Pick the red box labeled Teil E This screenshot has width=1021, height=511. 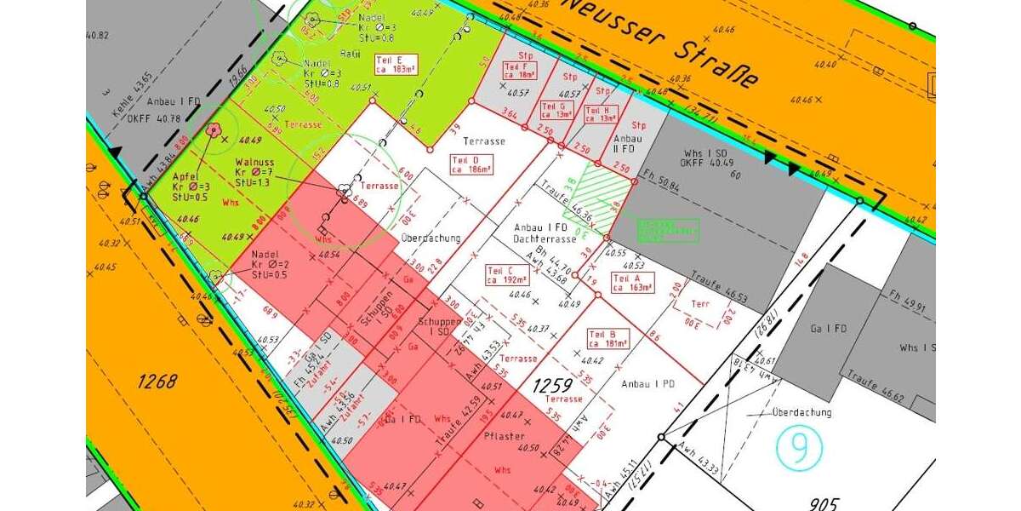tap(395, 64)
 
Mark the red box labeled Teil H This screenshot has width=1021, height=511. tap(602, 114)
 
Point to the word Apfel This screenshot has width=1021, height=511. tap(185, 175)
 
